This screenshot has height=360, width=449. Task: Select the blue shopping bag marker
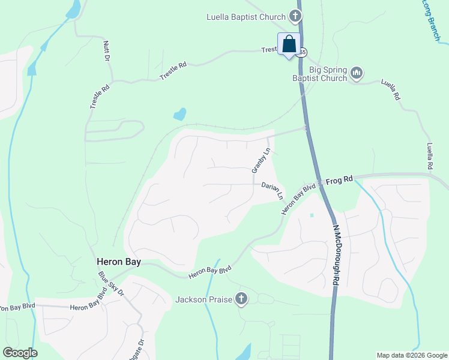pos(289,44)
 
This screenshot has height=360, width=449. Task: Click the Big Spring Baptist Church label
pos(319,74)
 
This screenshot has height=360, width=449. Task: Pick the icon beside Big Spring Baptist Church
pos(357,73)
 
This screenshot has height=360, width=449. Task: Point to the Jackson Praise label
pos(203,299)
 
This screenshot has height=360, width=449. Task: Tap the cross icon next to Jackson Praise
pos(241,298)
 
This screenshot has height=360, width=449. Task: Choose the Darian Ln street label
pos(272,191)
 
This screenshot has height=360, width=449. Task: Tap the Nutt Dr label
pos(107,52)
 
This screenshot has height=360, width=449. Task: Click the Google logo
pos(20,353)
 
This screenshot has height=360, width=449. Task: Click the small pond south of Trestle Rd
pos(179,114)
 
